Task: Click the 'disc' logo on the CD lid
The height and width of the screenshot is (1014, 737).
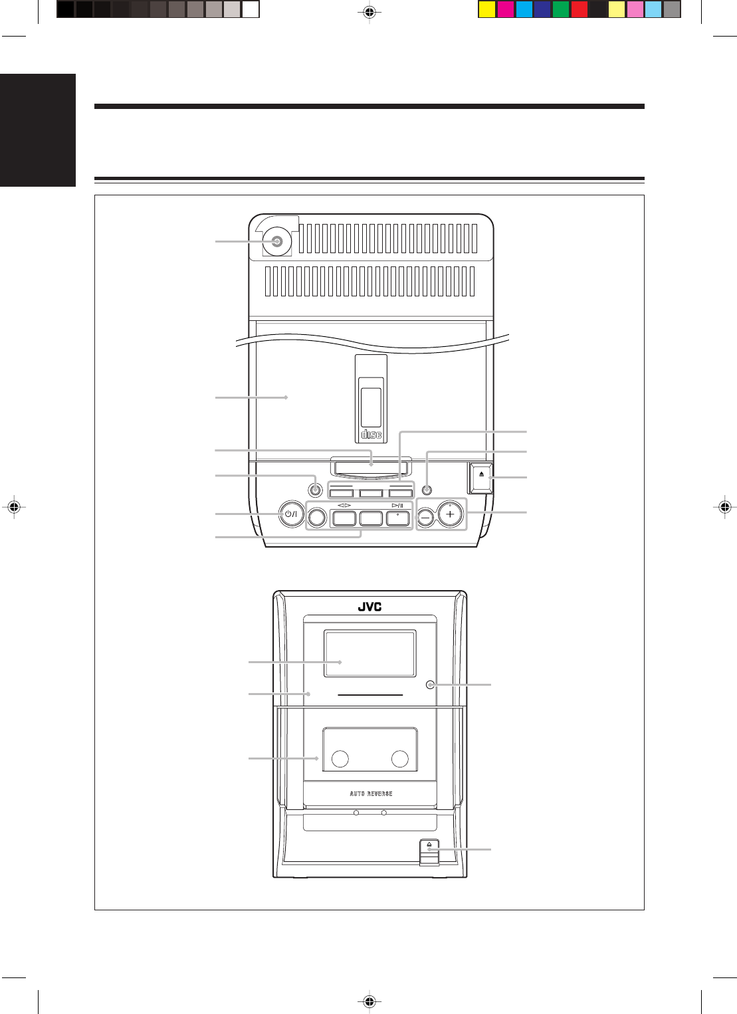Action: (371, 435)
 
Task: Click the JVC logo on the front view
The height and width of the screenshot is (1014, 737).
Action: (369, 607)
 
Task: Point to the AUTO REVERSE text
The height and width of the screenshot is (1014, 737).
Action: (371, 793)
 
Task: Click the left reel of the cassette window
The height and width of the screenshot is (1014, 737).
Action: (340, 759)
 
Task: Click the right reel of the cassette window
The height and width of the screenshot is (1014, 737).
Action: (399, 759)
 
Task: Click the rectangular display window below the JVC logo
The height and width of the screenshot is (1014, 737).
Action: (369, 653)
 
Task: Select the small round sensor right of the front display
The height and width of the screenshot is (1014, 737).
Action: (430, 684)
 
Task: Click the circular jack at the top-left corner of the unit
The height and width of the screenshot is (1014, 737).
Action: (276, 242)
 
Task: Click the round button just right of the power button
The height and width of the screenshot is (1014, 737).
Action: (318, 516)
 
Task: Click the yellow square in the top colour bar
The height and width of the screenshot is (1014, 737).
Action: (487, 10)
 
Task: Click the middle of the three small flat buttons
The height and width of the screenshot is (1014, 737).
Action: (371, 493)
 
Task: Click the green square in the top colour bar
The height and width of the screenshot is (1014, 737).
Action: (561, 10)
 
